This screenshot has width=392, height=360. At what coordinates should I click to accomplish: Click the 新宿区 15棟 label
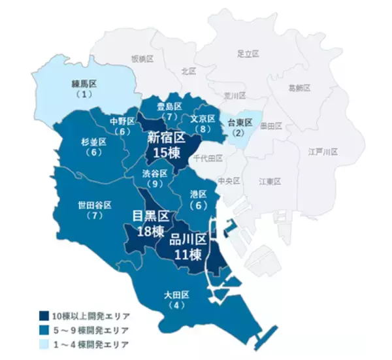point(167,146)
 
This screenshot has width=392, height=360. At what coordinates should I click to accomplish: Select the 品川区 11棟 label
point(188,247)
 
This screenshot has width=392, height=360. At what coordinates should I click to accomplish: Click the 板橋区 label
point(142,59)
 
